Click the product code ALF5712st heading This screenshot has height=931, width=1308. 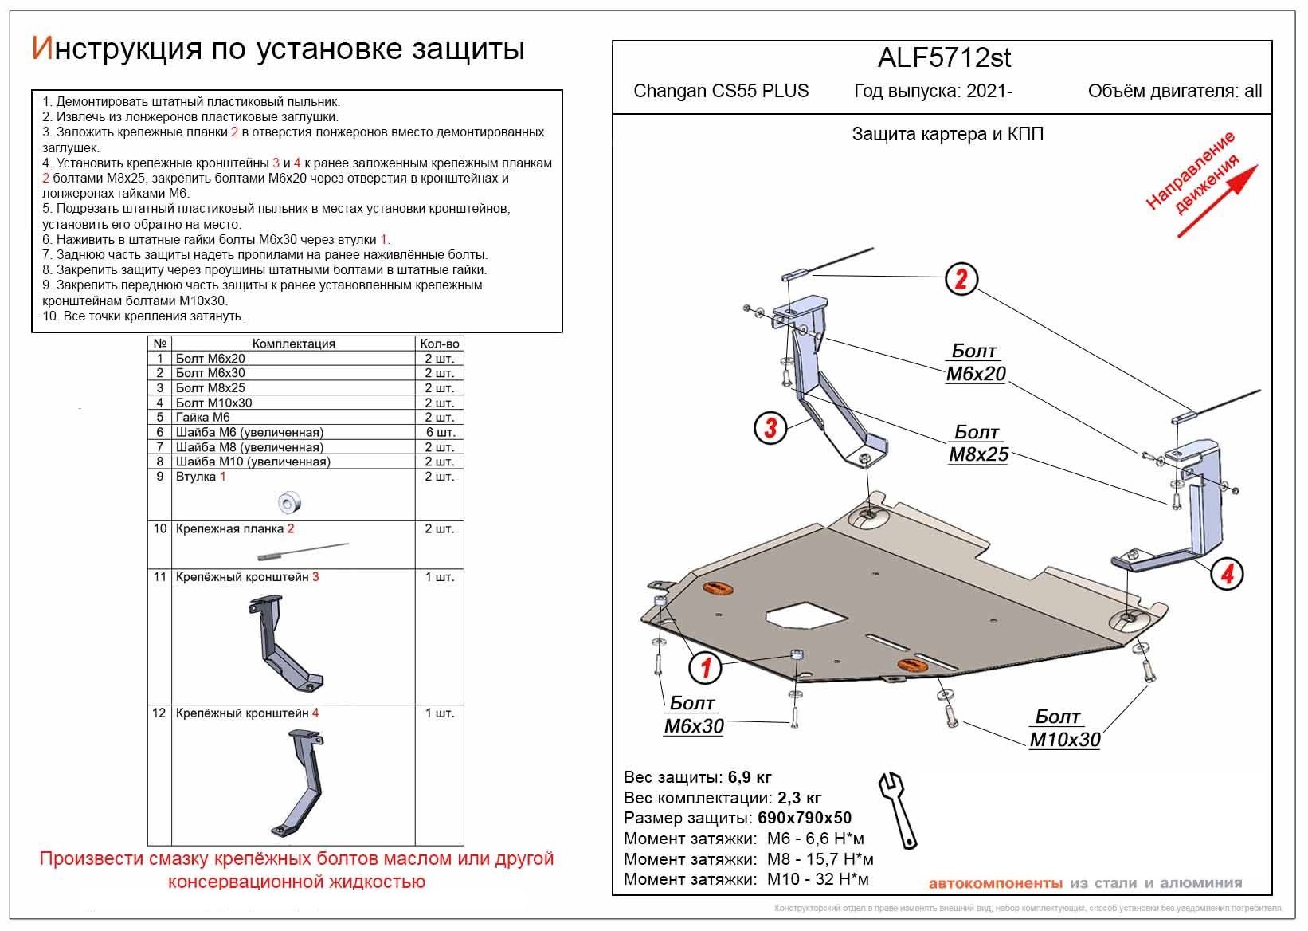[944, 58]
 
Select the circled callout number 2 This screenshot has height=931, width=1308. [961, 279]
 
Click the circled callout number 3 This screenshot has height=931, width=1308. [770, 428]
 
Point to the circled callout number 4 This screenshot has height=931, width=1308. [1227, 573]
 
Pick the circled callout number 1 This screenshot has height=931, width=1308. [706, 668]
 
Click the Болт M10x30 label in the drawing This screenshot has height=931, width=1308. [1064, 729]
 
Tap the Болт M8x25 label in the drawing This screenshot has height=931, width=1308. [977, 443]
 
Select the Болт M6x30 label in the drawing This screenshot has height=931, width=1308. [693, 715]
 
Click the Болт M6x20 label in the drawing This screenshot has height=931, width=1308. [975, 363]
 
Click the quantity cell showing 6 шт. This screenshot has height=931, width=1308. [439, 432]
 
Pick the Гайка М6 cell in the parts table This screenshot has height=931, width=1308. [203, 418]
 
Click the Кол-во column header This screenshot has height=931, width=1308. [439, 344]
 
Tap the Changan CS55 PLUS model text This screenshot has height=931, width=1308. [720, 91]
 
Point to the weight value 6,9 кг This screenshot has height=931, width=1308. [749, 777]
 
